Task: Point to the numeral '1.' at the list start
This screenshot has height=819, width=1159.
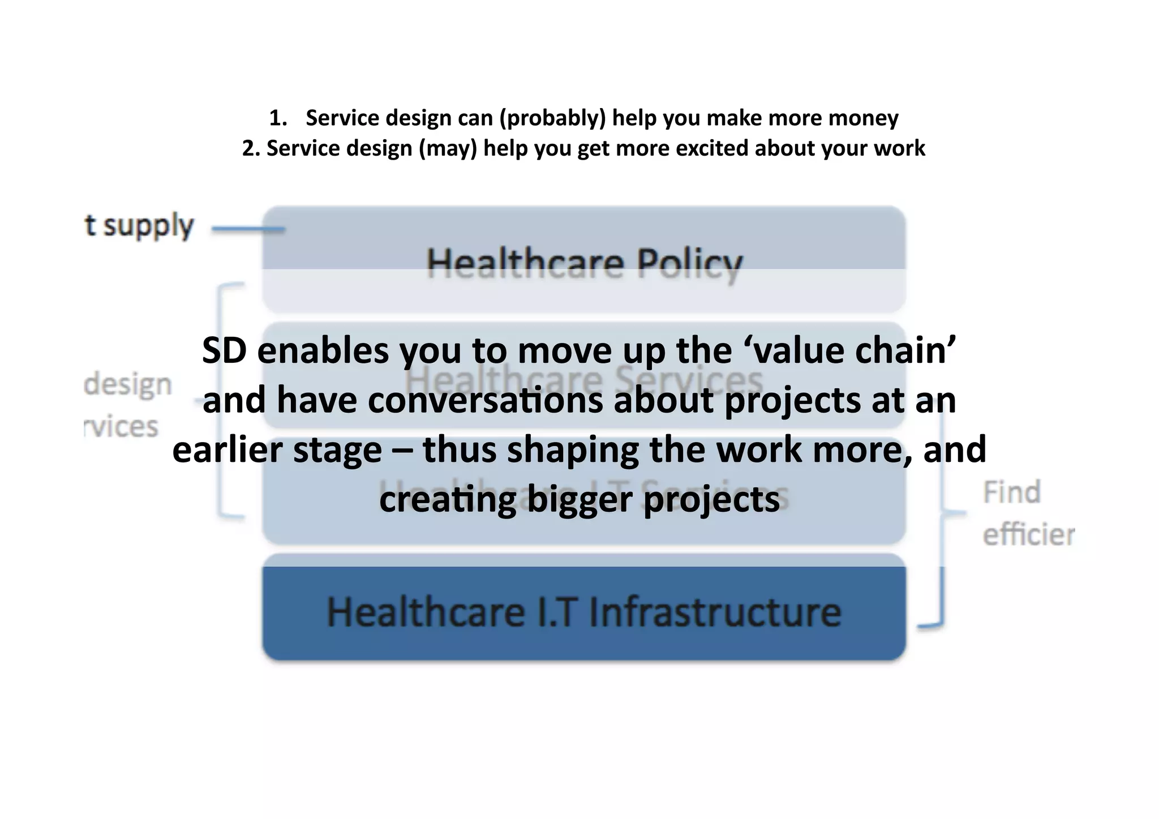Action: click(x=278, y=118)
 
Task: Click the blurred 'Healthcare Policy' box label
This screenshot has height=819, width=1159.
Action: click(x=584, y=264)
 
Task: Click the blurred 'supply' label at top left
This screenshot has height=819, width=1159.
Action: click(x=148, y=226)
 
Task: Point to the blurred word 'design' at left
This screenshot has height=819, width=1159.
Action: click(x=128, y=385)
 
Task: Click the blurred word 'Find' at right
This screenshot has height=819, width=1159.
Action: click(x=1012, y=492)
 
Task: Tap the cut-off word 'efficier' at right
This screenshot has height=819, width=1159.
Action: click(x=1028, y=535)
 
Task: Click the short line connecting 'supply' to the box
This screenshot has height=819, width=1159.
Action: click(x=248, y=229)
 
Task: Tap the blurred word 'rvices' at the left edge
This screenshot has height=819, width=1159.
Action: click(x=121, y=427)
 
